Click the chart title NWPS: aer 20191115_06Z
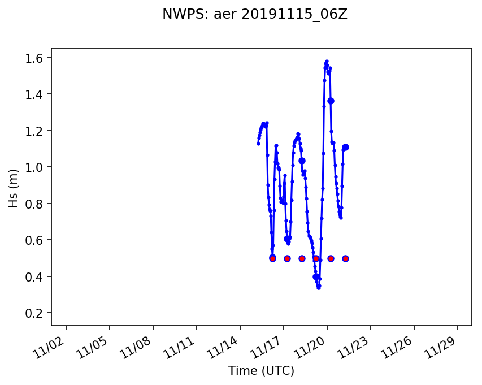tap(254, 15)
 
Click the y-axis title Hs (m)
tap(13, 187)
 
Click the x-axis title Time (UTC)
tap(261, 371)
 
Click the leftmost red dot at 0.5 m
tap(272, 258)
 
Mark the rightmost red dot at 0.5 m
tap(345, 258)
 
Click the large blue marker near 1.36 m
tap(331, 101)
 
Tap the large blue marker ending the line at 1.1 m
tap(345, 147)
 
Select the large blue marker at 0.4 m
tap(316, 276)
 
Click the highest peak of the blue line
tap(327, 61)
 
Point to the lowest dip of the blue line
tap(319, 288)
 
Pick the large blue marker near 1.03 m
tap(302, 161)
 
